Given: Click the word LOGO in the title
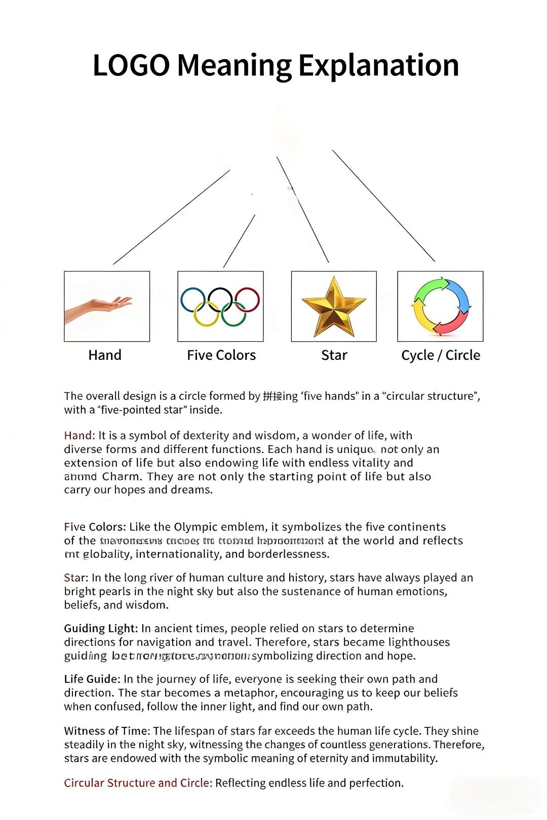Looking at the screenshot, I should point(131,66).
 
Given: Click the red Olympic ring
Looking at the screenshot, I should point(247,299).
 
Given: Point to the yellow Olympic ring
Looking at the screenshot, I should point(207,314).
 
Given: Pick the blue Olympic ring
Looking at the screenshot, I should point(193,300).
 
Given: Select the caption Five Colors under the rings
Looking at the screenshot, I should point(221,355).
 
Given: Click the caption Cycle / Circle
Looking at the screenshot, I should point(441,355).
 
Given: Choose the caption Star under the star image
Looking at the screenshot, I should point(334,355).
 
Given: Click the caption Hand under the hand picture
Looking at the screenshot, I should point(105,355).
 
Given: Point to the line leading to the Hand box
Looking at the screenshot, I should point(171,217).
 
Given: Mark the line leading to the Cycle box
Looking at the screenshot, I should point(383,206).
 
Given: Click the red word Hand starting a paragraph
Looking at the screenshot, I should point(78,436).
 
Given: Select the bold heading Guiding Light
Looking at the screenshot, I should point(100,629).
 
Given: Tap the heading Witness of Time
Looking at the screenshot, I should point(106,731).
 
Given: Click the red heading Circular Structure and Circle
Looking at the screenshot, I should point(136,783).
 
